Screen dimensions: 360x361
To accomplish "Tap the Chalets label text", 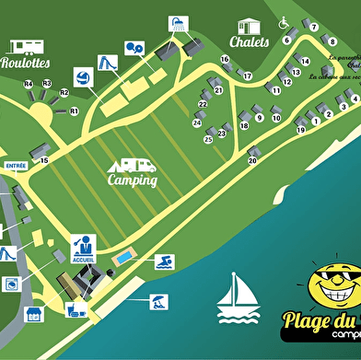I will (250, 42).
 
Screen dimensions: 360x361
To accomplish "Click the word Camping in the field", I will (132, 180).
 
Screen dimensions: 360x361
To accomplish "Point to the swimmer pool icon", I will (164, 262).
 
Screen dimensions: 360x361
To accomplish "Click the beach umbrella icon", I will (159, 300).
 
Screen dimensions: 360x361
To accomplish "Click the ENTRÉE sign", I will (16, 167).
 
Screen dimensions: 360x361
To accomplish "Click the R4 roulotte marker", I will (29, 84).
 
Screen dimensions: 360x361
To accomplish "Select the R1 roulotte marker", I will (74, 110).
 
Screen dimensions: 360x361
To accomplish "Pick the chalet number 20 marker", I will (252, 160).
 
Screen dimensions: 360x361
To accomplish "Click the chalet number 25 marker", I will (208, 139).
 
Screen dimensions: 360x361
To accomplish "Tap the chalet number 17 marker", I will (248, 75).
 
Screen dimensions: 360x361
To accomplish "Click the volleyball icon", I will (81, 77).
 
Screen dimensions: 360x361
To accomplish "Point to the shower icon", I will (173, 23).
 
